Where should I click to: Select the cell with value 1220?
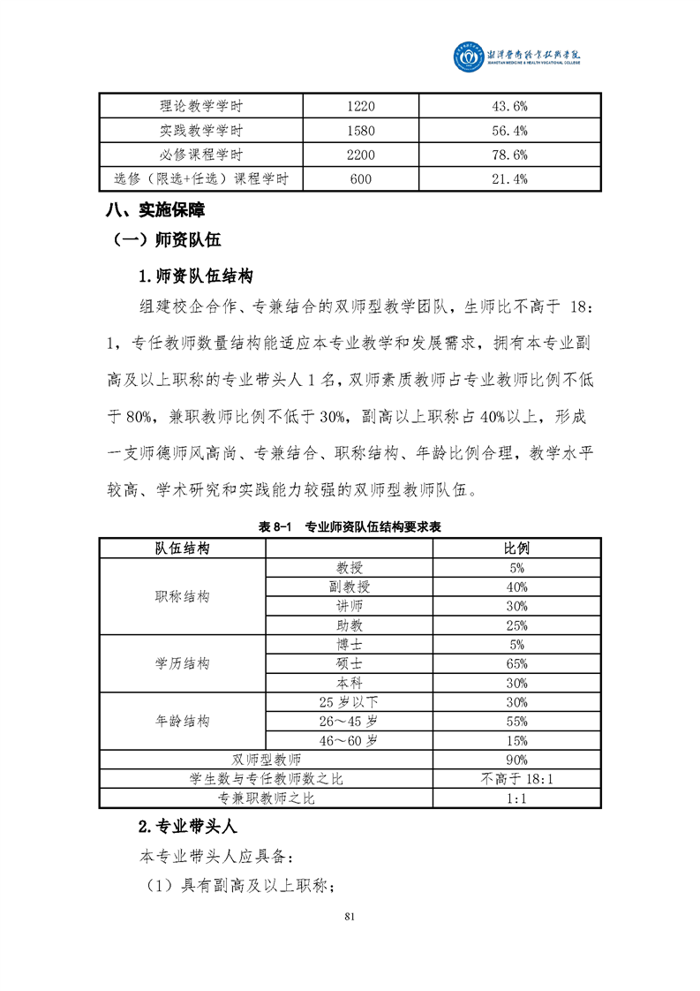click(x=361, y=106)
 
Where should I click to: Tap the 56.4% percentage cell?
click(x=508, y=131)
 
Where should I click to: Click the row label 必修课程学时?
click(x=201, y=155)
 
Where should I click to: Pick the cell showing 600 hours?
click(x=361, y=179)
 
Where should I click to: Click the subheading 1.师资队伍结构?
click(x=196, y=276)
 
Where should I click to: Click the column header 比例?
click(x=516, y=548)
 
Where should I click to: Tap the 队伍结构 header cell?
click(x=183, y=548)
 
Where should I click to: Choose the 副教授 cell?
click(x=349, y=586)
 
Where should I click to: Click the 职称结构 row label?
click(x=183, y=596)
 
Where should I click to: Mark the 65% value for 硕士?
click(x=516, y=663)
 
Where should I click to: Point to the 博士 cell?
click(x=349, y=644)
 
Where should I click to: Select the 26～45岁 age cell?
click(x=349, y=721)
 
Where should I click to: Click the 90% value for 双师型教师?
click(x=516, y=760)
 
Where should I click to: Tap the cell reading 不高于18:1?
click(x=516, y=779)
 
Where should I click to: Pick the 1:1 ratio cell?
click(x=516, y=798)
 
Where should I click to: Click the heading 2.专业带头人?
click(x=187, y=828)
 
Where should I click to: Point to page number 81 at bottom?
click(x=350, y=915)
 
